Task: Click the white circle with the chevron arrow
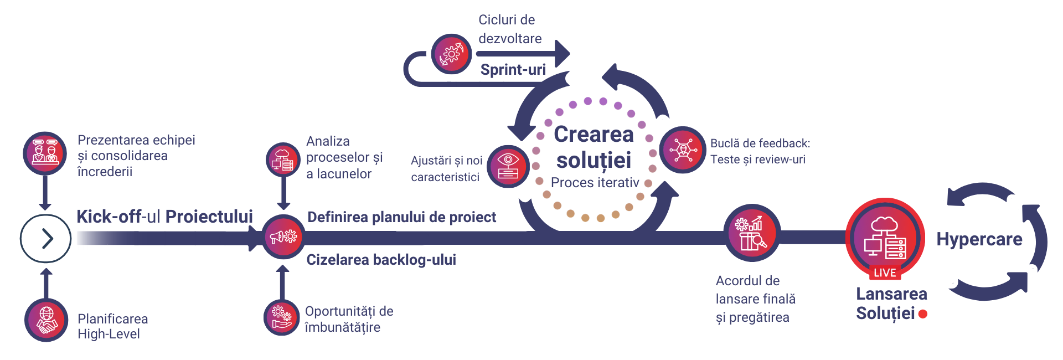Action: [45, 239]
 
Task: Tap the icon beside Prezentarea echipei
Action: [45, 153]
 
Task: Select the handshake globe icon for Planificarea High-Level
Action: [47, 321]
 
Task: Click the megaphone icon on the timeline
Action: [283, 237]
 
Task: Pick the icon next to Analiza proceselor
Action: [282, 160]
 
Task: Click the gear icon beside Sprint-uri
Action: [451, 54]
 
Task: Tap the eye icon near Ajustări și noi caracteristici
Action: [508, 166]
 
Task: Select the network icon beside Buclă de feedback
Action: [683, 150]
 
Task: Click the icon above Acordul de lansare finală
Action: [751, 233]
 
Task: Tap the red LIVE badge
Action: [885, 272]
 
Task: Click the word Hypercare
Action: [979, 239]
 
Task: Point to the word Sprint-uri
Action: [513, 70]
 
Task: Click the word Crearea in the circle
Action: [594, 135]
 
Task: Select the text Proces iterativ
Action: [595, 183]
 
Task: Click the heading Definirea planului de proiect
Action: [401, 217]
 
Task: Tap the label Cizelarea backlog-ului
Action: [381, 260]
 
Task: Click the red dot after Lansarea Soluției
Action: [922, 314]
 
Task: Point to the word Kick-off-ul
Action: [110, 217]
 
